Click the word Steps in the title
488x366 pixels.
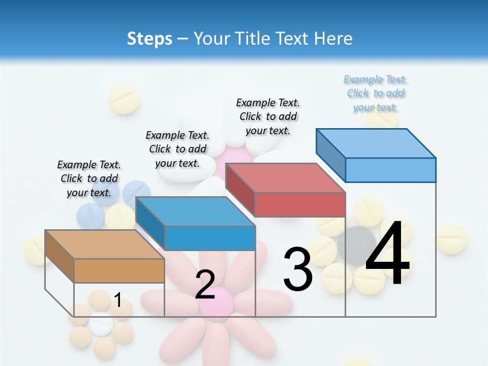[x=149, y=39]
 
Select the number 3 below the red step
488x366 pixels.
[x=298, y=269]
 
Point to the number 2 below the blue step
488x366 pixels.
[x=205, y=285]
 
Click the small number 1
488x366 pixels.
[x=118, y=300]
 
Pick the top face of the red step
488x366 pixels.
[x=285, y=178]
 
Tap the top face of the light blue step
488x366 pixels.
[x=376, y=143]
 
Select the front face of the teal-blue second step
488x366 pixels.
[x=210, y=238]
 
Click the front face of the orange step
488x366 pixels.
[x=119, y=270]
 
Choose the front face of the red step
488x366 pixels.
[x=300, y=204]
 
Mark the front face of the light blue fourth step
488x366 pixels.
[x=390, y=170]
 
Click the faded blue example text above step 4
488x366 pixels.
[x=376, y=94]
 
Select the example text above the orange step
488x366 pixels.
[x=89, y=178]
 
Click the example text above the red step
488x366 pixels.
[x=268, y=116]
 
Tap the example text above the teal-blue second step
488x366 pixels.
[x=177, y=149]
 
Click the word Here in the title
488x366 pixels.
[x=333, y=39]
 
